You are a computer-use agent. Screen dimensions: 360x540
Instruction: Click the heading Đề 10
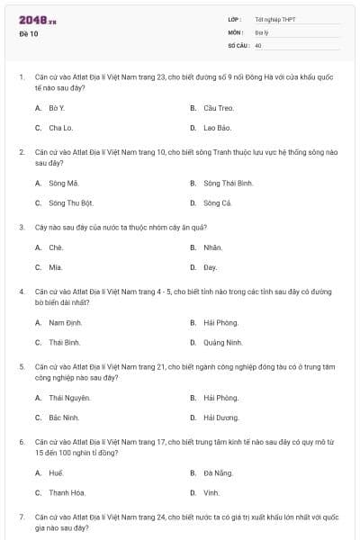(28, 35)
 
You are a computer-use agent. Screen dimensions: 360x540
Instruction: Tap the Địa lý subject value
(261, 31)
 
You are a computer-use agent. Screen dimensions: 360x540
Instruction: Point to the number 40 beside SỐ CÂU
(258, 45)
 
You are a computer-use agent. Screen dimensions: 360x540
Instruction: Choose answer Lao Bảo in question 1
(217, 128)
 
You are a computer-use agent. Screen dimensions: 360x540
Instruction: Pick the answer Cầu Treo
(218, 108)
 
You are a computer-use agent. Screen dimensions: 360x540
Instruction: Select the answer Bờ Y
(57, 108)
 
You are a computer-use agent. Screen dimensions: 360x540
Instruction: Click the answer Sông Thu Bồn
(71, 202)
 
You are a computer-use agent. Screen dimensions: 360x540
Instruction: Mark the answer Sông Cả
(218, 202)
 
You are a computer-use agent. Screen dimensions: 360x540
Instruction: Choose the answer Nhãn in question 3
(212, 247)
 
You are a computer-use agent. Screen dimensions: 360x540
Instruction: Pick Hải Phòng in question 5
(220, 397)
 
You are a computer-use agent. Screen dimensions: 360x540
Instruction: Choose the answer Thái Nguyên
(69, 397)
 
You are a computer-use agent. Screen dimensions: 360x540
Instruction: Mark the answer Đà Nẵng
(218, 472)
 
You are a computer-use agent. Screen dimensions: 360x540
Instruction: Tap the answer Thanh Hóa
(68, 492)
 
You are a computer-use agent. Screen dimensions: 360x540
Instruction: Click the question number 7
(22, 517)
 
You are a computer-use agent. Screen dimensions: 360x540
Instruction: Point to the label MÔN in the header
(235, 31)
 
